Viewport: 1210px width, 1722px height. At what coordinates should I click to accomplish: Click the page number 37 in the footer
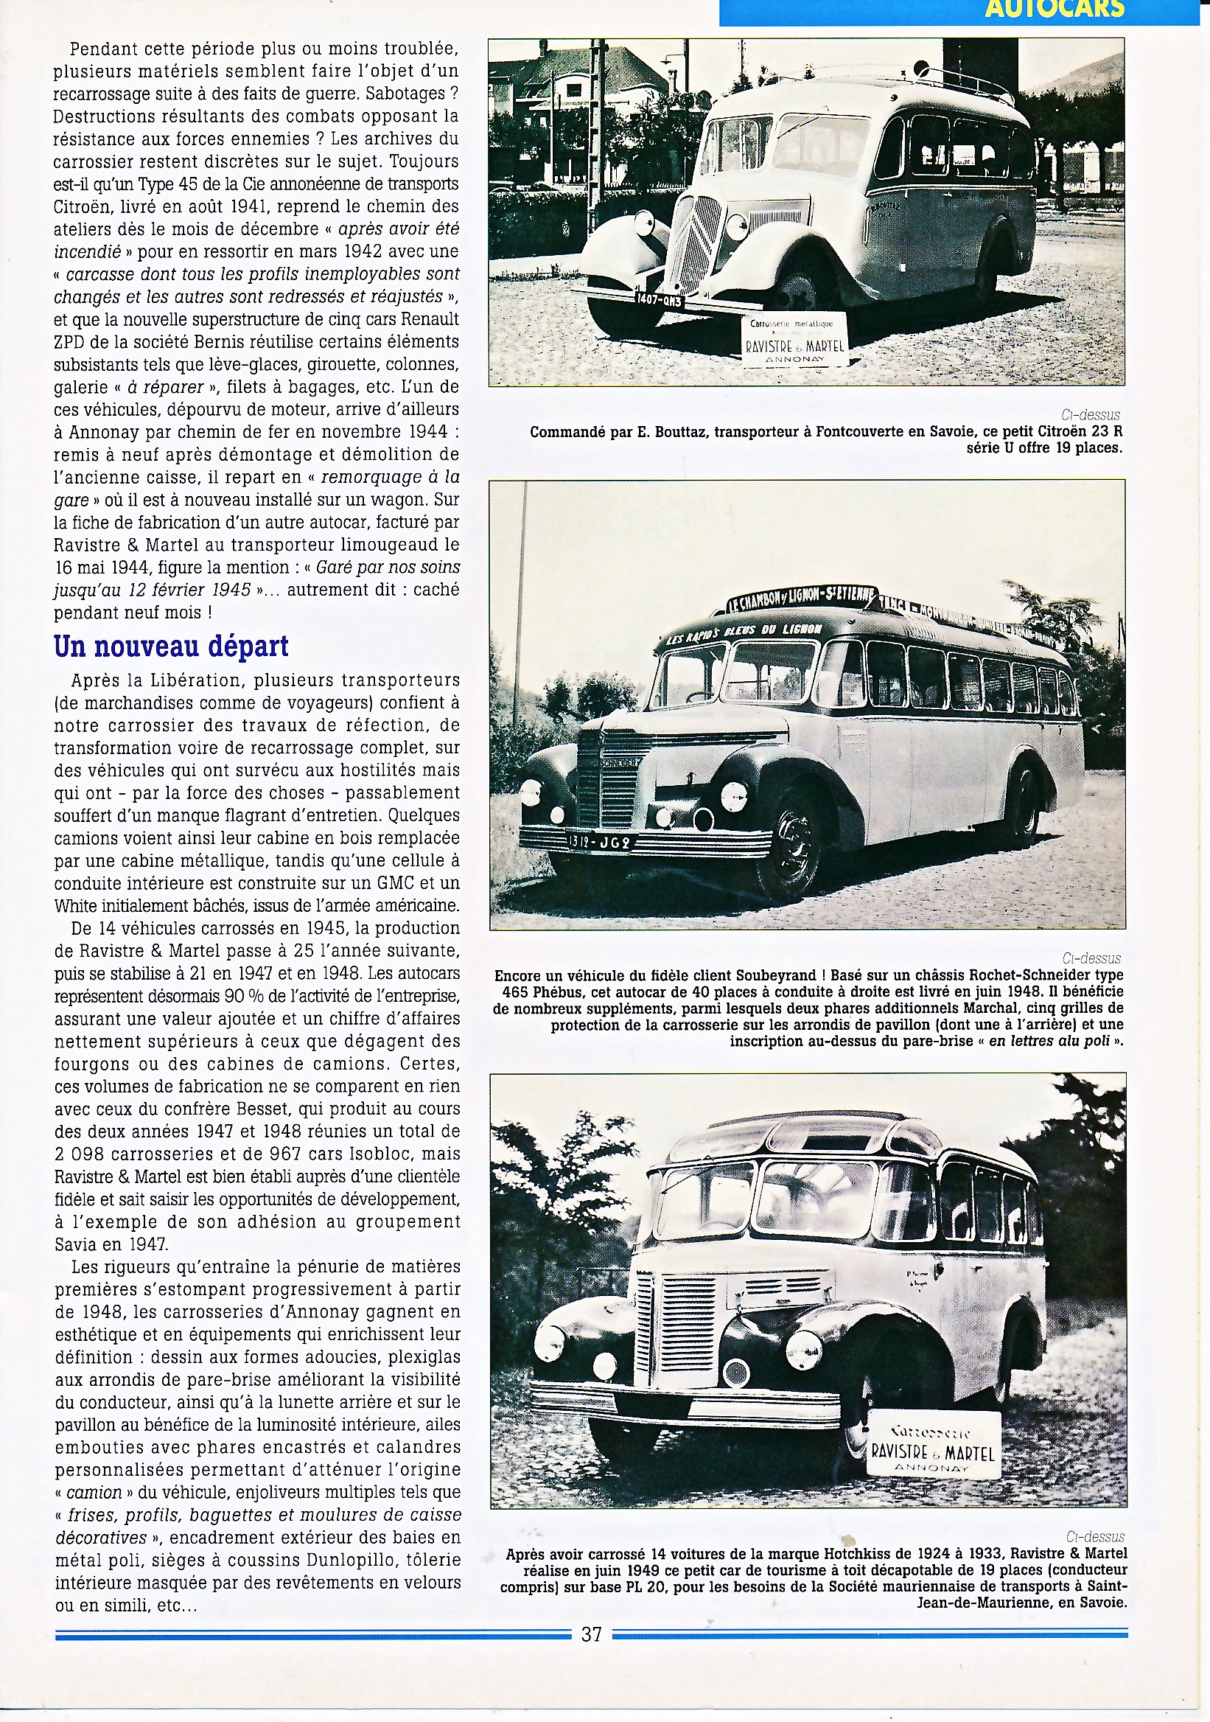click(592, 1634)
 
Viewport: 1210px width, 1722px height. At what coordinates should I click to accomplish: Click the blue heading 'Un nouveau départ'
click(171, 646)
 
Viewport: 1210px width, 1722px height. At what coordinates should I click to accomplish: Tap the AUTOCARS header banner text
click(1055, 10)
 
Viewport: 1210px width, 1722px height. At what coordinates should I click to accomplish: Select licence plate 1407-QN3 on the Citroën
click(659, 299)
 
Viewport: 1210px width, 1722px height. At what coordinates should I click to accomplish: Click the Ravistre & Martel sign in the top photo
click(794, 339)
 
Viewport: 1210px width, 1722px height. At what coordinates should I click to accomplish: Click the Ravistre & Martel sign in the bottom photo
click(933, 1443)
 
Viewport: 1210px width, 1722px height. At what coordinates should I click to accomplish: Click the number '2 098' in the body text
click(83, 1154)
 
